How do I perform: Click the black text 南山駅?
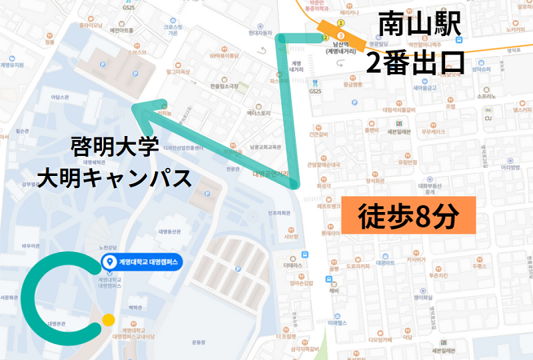pyautogui.click(x=419, y=26)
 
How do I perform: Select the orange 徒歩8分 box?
pyautogui.click(x=408, y=216)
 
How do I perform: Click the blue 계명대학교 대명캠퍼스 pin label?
pyautogui.click(x=141, y=263)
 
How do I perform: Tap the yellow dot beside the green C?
pyautogui.click(x=109, y=320)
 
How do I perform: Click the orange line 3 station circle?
pyautogui.click(x=340, y=35)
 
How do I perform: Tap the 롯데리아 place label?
pyautogui.click(x=330, y=234)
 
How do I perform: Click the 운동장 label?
pyautogui.click(x=199, y=341)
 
